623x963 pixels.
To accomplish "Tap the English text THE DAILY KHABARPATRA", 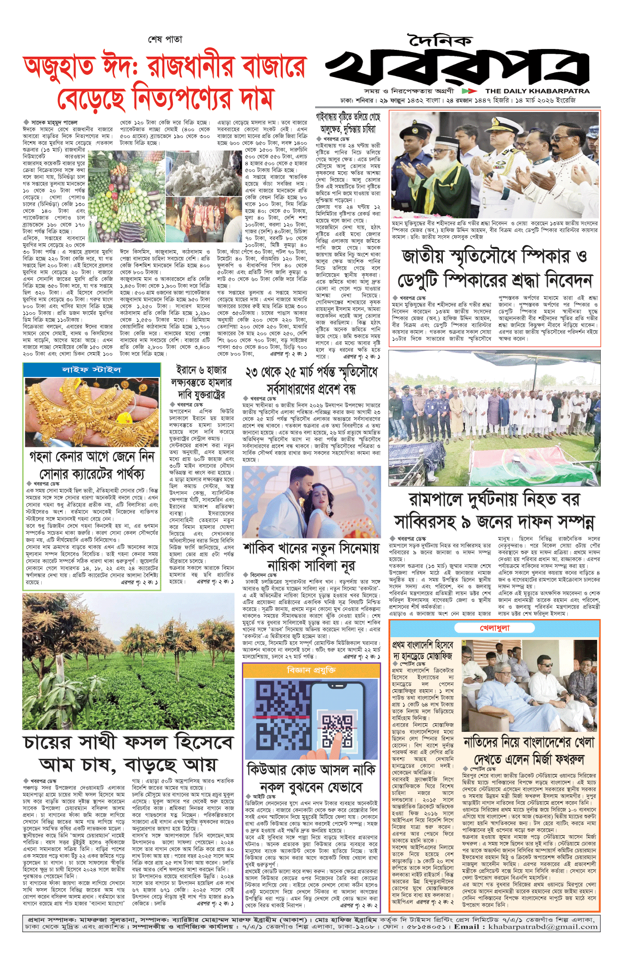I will [537, 91].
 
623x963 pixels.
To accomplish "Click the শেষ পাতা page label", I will [165, 39].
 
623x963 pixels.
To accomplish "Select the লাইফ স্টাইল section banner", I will [92, 369].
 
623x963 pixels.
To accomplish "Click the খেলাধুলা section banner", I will [494, 628].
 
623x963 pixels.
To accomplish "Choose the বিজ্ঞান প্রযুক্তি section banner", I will [311, 670].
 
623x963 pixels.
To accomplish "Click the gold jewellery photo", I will [92, 412].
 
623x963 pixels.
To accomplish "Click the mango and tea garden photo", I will [128, 661].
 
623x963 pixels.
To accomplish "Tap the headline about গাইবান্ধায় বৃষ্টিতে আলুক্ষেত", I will [348, 123].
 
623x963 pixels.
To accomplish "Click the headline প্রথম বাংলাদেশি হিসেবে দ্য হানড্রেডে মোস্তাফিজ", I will [422, 650].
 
